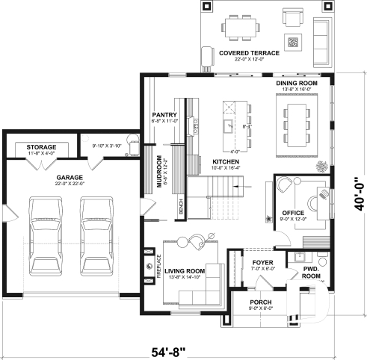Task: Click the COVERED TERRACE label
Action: (249, 53)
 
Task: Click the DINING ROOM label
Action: (297, 84)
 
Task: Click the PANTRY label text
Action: (163, 114)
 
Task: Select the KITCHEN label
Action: (225, 161)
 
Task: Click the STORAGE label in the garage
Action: (41, 147)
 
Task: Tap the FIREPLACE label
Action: (158, 267)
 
